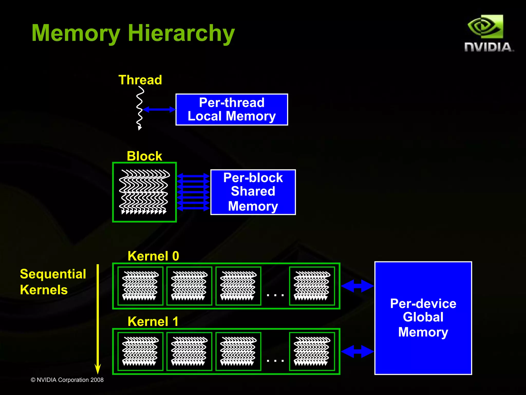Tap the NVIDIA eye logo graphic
click(x=485, y=27)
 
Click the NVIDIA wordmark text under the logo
click(x=489, y=47)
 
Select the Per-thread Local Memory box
click(x=232, y=109)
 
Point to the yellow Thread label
click(x=140, y=80)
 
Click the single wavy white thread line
click(x=140, y=108)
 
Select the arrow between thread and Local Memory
click(x=159, y=109)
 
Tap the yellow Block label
click(x=144, y=156)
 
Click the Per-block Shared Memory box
click(x=253, y=192)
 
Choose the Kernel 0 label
click(x=153, y=256)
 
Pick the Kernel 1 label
click(x=153, y=321)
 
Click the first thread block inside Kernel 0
click(x=140, y=286)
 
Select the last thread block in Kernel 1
click(x=312, y=351)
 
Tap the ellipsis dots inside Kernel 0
click(x=275, y=295)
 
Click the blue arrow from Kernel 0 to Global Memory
click(x=357, y=286)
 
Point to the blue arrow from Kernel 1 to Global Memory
click(x=357, y=351)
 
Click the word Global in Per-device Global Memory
click(x=423, y=317)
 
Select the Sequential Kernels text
click(x=53, y=282)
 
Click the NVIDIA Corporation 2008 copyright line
click(x=67, y=380)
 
